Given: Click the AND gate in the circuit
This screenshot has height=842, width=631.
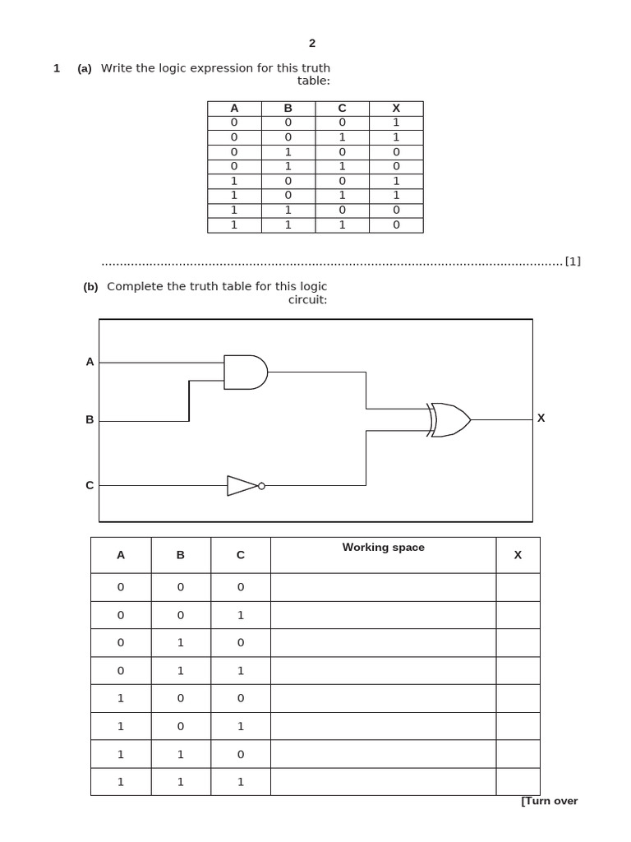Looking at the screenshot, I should click(245, 372).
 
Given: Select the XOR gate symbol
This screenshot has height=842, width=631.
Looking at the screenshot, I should click(449, 419).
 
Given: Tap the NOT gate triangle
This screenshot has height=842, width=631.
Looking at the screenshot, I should click(242, 486).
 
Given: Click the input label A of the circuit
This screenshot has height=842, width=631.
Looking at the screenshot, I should click(90, 362).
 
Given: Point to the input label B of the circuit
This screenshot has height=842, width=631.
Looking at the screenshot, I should click(90, 419).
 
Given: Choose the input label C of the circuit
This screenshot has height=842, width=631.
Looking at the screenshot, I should click(90, 485).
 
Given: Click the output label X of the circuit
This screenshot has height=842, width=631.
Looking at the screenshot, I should click(541, 418).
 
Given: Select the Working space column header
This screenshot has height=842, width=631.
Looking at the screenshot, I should click(383, 548).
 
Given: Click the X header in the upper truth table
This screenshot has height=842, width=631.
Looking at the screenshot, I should click(396, 109).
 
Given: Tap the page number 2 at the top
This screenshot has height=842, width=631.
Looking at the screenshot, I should click(312, 44).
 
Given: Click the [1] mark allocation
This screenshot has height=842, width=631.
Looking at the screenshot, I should click(573, 261).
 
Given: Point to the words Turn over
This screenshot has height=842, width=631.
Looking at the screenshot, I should click(550, 801).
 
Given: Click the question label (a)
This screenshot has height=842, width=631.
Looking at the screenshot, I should click(85, 69).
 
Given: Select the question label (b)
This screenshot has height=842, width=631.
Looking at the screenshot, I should click(90, 287).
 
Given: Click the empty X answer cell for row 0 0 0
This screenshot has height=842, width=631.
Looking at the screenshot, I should click(518, 587).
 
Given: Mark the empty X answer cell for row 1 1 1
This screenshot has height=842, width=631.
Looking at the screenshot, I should click(518, 782).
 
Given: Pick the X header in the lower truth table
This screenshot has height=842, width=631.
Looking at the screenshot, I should click(518, 555).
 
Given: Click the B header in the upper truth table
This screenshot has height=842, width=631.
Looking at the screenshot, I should click(288, 109).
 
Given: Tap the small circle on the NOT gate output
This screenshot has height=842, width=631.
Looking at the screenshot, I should click(261, 486).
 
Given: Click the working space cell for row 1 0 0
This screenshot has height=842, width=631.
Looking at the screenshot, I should click(383, 698).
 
